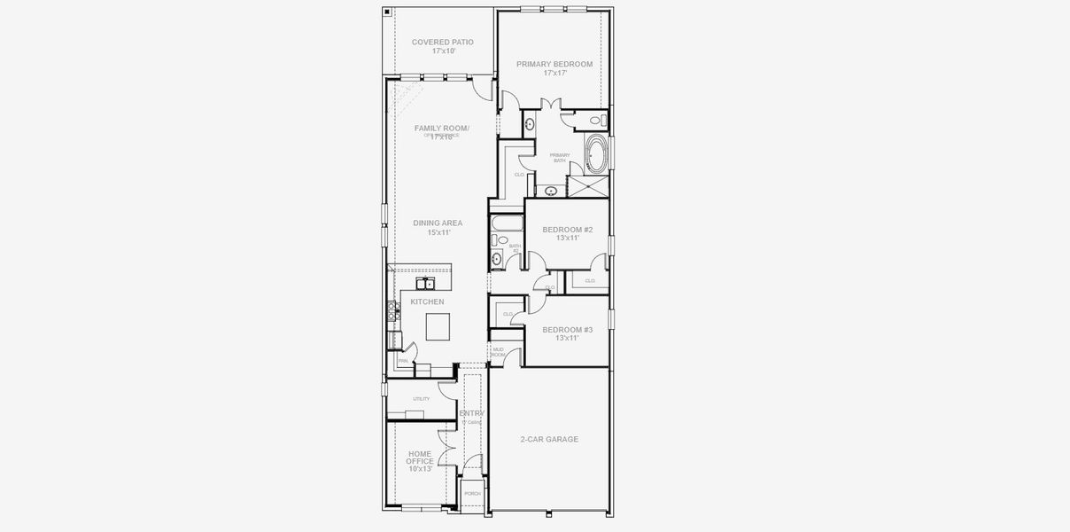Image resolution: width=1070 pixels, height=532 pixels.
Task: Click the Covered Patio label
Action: click(x=442, y=42)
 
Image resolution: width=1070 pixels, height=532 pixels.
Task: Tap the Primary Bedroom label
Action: click(x=554, y=64)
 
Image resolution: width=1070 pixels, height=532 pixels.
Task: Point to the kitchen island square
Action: click(x=439, y=327)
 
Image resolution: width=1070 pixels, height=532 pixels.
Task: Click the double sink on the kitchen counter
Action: click(x=426, y=284)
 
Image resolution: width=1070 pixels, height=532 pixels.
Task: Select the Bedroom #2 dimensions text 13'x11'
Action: click(x=567, y=238)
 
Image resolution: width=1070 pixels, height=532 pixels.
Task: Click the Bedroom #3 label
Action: click(x=567, y=329)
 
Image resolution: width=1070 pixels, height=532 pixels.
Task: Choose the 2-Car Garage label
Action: click(x=549, y=439)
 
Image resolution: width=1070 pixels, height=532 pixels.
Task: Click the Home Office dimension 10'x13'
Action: click(x=420, y=469)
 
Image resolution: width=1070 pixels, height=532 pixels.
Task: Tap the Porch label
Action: click(x=472, y=493)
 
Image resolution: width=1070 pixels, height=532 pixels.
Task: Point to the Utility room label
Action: click(x=421, y=399)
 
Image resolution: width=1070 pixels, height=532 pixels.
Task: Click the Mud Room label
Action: click(x=498, y=352)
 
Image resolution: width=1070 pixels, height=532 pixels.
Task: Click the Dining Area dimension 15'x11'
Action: click(x=439, y=232)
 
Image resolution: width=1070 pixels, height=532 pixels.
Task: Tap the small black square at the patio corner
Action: click(x=388, y=12)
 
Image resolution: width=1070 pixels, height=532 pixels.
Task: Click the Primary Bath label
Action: click(x=560, y=158)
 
